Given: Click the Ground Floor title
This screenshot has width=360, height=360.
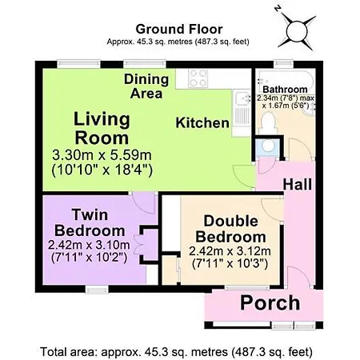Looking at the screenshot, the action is tap(179, 29).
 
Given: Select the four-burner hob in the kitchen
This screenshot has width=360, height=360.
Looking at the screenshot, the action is tap(198, 78).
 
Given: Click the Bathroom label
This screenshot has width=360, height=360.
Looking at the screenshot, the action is tap(285, 90).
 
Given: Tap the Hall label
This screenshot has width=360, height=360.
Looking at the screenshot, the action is tap(298, 184).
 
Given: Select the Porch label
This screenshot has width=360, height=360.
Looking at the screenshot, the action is tap(270, 302).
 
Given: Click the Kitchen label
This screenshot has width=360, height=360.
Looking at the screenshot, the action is tap(202, 123).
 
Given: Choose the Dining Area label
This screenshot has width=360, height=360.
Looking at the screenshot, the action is tap(146, 86).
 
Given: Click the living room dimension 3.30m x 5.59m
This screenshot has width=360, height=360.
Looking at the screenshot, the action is tap(102, 155).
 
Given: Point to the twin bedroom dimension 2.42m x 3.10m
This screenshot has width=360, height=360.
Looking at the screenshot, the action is tap(89, 245).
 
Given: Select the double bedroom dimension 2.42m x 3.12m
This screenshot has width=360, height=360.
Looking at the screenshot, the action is tap(230, 251).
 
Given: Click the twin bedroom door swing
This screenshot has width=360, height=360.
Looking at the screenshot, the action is tap(144, 203).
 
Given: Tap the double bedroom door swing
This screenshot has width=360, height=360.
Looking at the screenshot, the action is tap(272, 210).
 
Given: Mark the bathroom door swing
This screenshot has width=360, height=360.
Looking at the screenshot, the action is tap(300, 150).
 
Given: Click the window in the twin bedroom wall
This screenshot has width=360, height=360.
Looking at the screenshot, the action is tap(97, 290).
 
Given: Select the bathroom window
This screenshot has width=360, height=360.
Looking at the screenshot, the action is tap(284, 64).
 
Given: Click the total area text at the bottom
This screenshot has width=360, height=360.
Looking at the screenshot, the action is tap(176, 352).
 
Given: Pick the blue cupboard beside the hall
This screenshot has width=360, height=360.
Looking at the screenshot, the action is tap(268, 148).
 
